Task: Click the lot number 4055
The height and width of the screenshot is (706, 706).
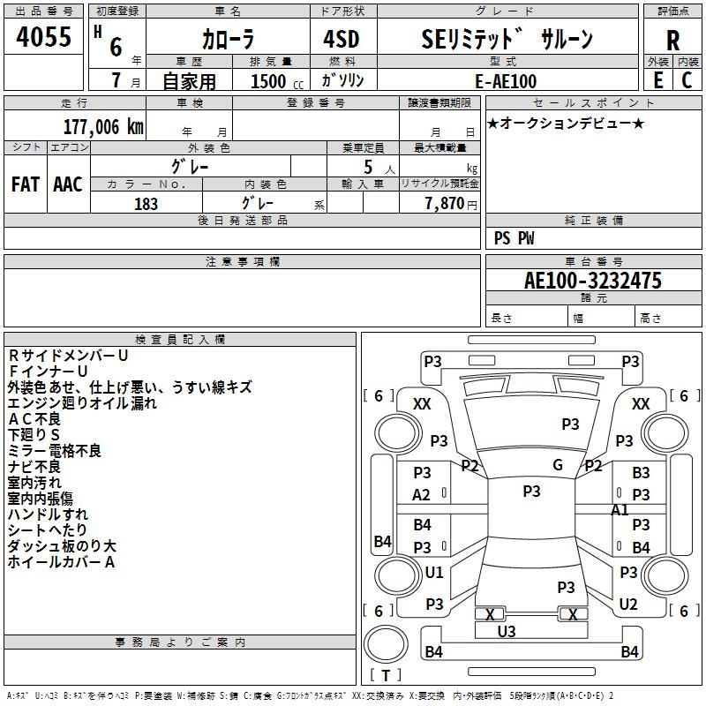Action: coord(44,37)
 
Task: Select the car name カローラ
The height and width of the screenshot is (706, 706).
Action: coord(228,39)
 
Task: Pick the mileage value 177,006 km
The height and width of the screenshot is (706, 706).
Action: coord(103,126)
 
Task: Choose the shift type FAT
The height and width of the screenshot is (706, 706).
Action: coord(25,184)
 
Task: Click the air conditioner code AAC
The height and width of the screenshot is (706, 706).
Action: coord(67,184)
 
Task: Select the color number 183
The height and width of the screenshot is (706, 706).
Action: coord(146,204)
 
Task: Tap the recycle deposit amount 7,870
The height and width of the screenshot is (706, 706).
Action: coord(444,204)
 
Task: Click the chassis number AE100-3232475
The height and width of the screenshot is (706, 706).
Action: coord(592,281)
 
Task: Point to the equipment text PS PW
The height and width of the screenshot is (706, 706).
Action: coord(514,238)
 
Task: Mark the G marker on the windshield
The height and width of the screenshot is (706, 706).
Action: coord(557,465)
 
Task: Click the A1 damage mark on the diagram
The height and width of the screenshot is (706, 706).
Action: coord(620,509)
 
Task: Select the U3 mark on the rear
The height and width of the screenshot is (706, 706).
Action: coord(507,631)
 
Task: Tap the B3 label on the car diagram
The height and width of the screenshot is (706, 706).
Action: coord(641,473)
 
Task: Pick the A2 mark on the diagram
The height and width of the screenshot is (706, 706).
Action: coord(422,495)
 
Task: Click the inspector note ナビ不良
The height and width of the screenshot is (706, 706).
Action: coord(35,467)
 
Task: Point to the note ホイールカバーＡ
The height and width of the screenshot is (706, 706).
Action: coord(61,562)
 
